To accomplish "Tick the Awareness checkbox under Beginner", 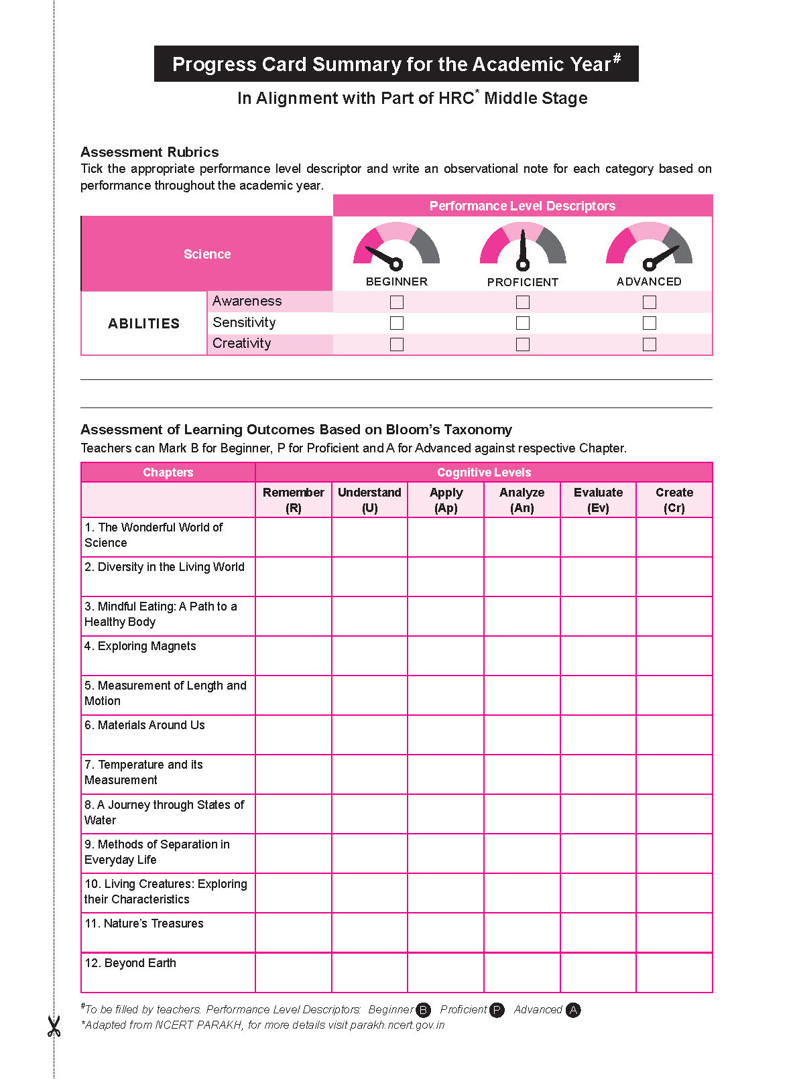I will pyautogui.click(x=397, y=302).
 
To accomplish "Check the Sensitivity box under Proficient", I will pyautogui.click(x=523, y=323).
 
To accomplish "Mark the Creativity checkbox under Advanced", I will pyautogui.click(x=649, y=344).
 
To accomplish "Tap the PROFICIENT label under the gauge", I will pyautogui.click(x=523, y=282).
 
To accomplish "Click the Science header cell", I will pyautogui.click(x=207, y=254).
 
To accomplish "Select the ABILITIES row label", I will pyautogui.click(x=144, y=324).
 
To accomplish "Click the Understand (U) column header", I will pyautogui.click(x=369, y=500).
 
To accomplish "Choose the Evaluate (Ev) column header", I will pyautogui.click(x=598, y=500).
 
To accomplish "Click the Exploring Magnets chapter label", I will pyautogui.click(x=141, y=646).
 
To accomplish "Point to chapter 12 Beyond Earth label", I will pyautogui.click(x=131, y=963).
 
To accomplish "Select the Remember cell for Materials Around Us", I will pyautogui.click(x=294, y=735).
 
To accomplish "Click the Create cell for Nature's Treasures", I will pyautogui.click(x=674, y=932).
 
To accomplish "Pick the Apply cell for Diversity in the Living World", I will pyautogui.click(x=446, y=576).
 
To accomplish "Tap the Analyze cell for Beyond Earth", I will pyautogui.click(x=522, y=972).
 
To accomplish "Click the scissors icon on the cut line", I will pyautogui.click(x=54, y=1026).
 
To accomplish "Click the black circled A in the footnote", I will pyautogui.click(x=573, y=1010).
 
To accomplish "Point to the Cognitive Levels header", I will pyautogui.click(x=484, y=472).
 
